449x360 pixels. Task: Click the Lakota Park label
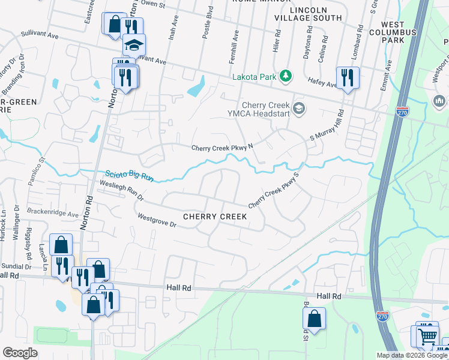(256, 77)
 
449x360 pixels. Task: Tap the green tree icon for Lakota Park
(287, 76)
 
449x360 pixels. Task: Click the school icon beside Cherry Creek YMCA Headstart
(300, 109)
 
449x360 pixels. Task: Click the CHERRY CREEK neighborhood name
(215, 216)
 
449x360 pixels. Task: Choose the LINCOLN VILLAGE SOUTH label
(308, 14)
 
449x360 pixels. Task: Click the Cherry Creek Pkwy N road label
(222, 148)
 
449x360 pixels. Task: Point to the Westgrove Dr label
(156, 221)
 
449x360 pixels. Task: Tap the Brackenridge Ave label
(53, 213)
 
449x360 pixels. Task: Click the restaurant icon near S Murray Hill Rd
(348, 77)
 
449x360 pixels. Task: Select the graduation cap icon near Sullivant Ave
(134, 44)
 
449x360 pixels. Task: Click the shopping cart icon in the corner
(427, 336)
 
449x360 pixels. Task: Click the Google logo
(20, 353)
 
